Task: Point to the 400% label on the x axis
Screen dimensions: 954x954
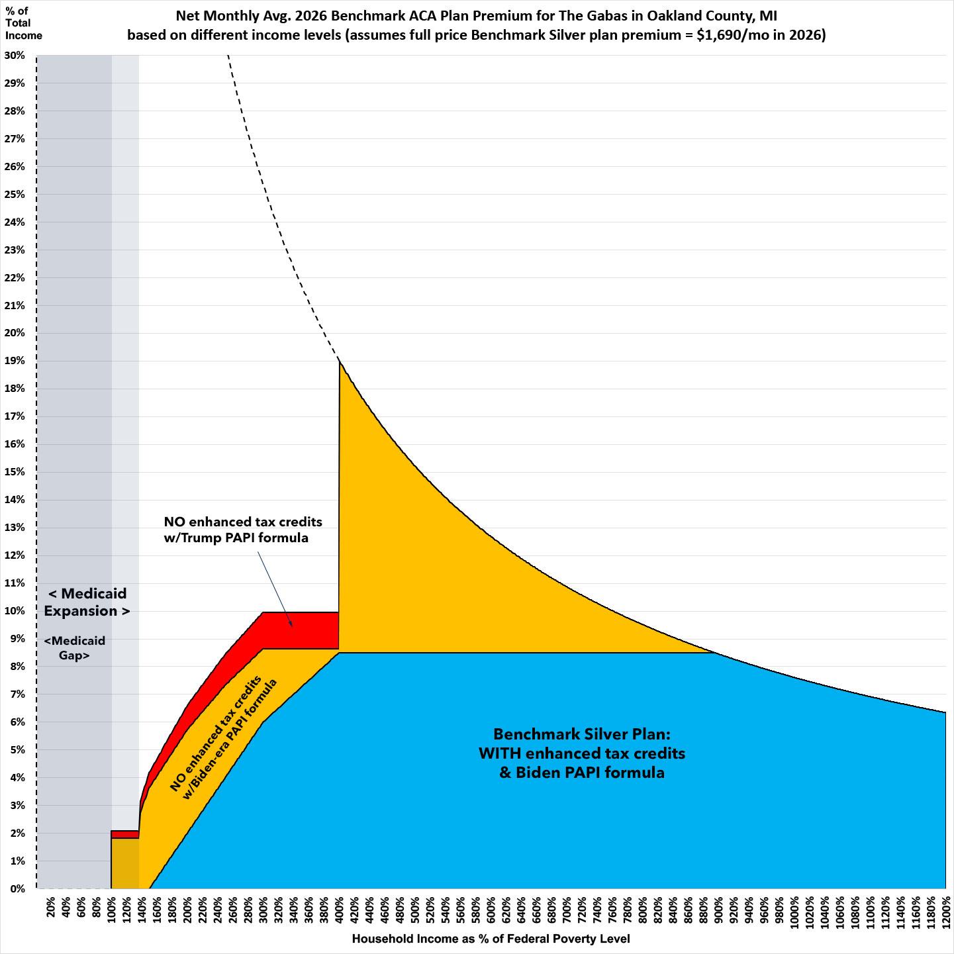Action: point(339,913)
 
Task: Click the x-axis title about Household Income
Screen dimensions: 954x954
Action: point(491,938)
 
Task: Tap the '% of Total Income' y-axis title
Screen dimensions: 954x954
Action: point(23,23)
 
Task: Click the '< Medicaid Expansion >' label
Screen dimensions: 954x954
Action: point(87,602)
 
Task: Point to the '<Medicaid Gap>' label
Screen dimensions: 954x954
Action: point(74,648)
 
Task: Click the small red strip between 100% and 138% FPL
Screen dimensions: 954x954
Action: point(124,834)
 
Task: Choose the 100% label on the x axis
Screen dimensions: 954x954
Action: point(111,913)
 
